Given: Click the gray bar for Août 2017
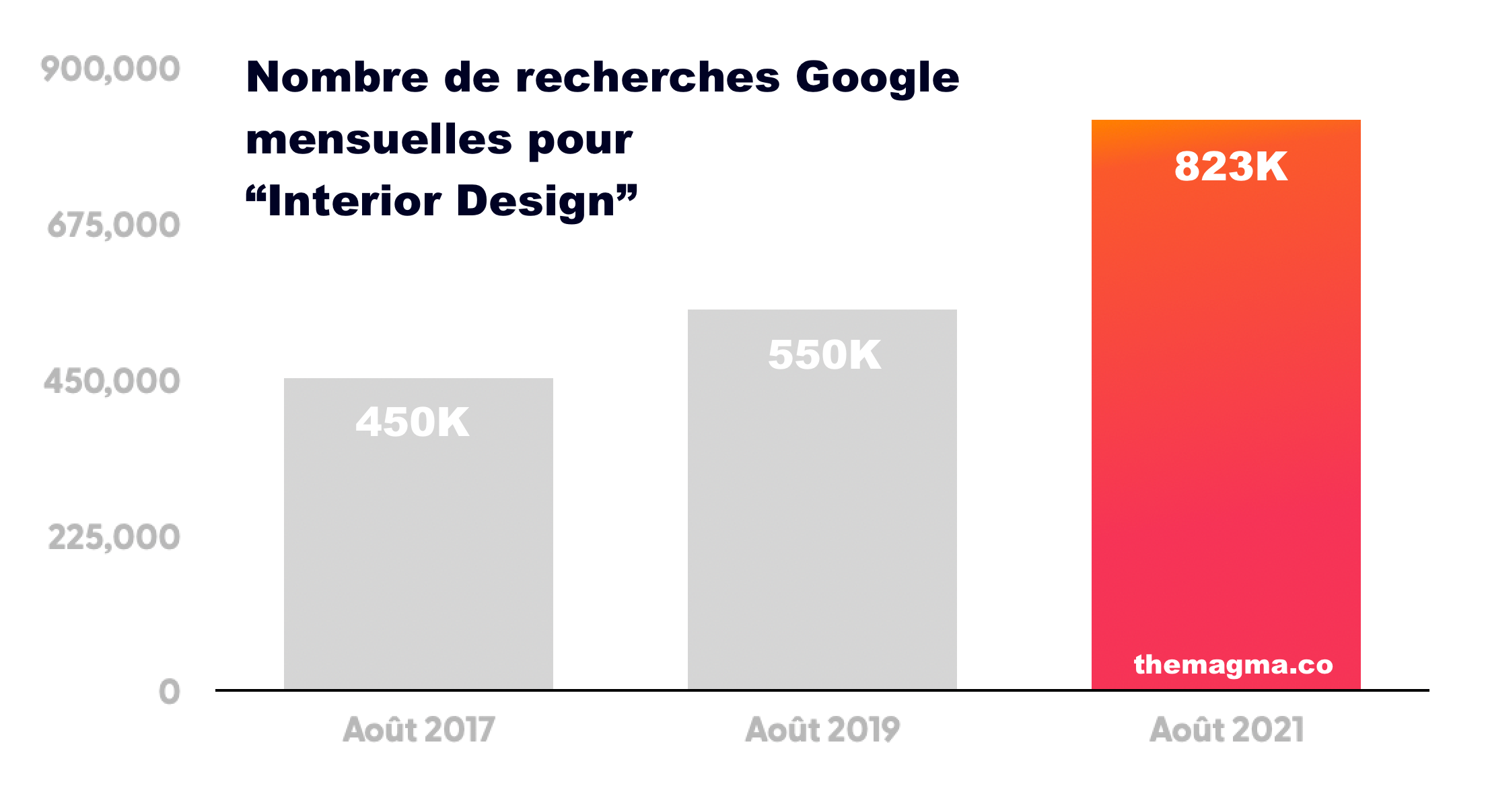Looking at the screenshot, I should click(x=418, y=552).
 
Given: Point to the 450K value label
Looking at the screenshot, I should click(x=412, y=423).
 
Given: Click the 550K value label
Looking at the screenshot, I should click(x=824, y=355).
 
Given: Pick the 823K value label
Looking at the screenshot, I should click(x=1231, y=166).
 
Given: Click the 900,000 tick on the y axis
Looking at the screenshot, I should click(x=110, y=69).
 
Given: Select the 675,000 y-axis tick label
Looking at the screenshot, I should click(x=114, y=225).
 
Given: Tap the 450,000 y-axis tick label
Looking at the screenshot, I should click(x=112, y=382).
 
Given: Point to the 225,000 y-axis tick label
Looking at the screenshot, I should click(x=114, y=538).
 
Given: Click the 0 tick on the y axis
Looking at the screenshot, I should click(x=170, y=692).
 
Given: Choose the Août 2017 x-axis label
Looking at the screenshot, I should click(x=419, y=730).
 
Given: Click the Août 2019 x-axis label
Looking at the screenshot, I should click(x=822, y=730).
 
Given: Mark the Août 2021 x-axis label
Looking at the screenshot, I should click(x=1226, y=730).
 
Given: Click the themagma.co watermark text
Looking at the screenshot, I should click(x=1233, y=665).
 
